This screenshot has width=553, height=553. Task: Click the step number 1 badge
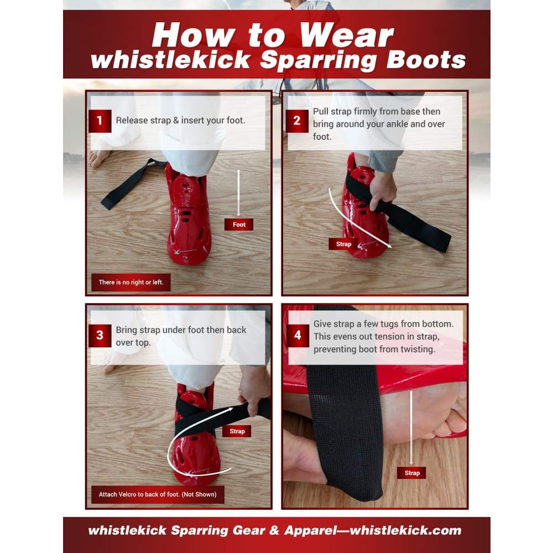(100, 121)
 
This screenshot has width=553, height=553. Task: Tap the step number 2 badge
(297, 121)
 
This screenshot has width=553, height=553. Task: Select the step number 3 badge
(100, 336)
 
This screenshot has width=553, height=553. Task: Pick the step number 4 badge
(298, 336)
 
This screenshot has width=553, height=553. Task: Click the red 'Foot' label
(239, 225)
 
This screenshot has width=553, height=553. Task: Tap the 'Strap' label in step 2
(343, 244)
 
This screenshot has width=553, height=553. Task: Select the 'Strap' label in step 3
(237, 431)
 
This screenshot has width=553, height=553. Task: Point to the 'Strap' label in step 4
(411, 473)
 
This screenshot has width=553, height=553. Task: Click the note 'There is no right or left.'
(131, 282)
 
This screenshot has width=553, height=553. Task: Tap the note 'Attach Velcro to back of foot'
(158, 494)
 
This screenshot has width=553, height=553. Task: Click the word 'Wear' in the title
(346, 35)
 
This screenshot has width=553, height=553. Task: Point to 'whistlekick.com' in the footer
(405, 530)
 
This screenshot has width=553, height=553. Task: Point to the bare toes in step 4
(450, 420)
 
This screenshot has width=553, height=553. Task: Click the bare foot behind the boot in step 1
(100, 158)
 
